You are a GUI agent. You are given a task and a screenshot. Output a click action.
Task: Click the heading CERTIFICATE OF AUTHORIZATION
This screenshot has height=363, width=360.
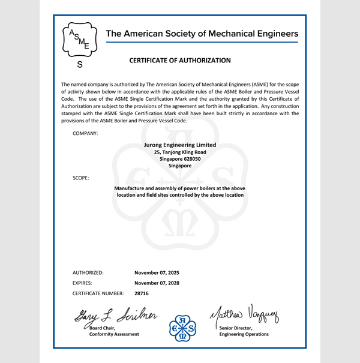point(180,61)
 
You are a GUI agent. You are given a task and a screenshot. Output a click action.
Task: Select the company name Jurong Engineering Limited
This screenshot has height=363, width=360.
point(180,145)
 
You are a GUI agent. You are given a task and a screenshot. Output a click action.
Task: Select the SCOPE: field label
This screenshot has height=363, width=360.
point(81,178)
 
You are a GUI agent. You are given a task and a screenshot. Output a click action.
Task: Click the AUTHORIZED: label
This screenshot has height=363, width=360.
point(88,272)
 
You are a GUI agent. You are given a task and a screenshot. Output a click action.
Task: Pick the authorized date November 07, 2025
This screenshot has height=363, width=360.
point(157,272)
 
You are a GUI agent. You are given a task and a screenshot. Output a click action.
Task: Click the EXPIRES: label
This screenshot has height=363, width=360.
point(85,283)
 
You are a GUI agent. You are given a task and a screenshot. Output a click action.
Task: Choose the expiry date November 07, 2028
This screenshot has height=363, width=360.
point(157,283)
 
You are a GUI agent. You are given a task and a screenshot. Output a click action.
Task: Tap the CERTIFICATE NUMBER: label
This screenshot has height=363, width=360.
point(98,293)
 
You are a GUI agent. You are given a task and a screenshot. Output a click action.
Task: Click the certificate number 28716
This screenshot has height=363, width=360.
point(142,293)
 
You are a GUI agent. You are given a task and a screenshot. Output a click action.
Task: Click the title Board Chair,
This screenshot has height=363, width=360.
point(102,328)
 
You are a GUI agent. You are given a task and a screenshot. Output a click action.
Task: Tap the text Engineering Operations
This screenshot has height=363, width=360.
point(244,334)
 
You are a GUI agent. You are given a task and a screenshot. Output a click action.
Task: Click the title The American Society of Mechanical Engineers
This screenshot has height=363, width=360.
point(202,34)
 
